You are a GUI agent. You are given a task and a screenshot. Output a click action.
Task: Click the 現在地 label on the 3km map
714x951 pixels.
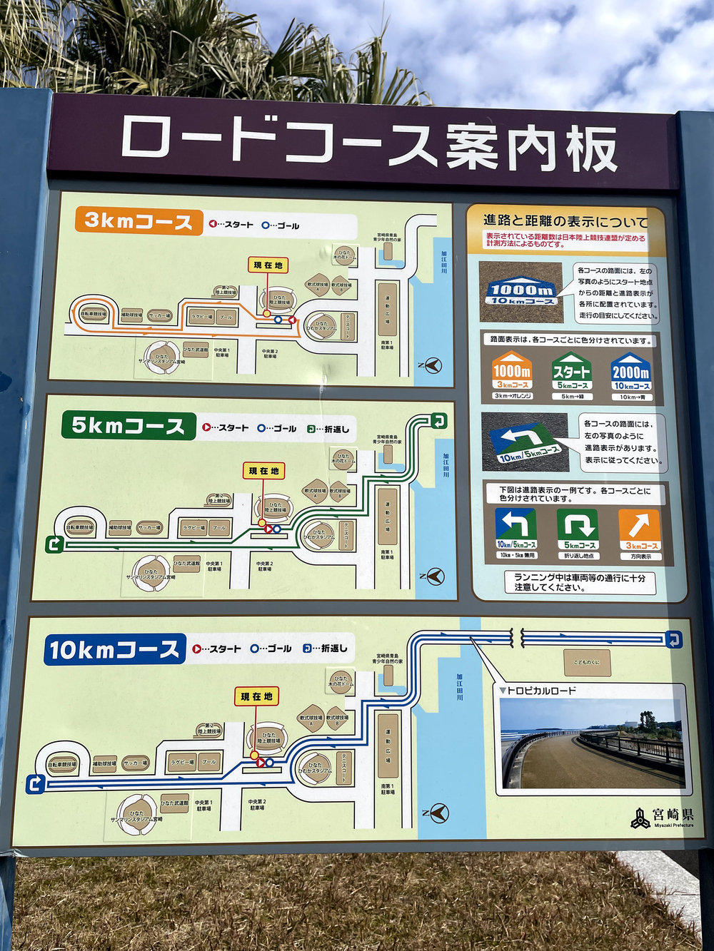tap(268, 265)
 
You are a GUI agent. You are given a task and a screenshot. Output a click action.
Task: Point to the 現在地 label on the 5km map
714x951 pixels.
tap(263, 471)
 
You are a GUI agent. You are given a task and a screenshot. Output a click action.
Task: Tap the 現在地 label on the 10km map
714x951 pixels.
tap(256, 696)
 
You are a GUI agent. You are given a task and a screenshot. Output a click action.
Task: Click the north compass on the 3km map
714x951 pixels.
tap(431, 366)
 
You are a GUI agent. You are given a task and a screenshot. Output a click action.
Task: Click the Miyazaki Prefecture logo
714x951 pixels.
tap(662, 818)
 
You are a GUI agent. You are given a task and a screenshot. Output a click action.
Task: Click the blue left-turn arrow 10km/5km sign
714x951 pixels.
tap(516, 529)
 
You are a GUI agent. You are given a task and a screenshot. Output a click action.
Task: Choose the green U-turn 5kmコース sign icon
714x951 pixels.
tap(578, 529)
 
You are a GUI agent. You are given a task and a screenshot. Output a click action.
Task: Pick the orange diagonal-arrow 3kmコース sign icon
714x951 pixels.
tap(639, 529)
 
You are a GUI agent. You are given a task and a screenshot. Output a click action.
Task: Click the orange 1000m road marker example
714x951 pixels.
tap(512, 373)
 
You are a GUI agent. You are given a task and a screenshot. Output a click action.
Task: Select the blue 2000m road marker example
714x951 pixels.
tap(630, 373)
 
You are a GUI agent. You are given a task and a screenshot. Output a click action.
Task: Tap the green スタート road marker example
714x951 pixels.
tap(571, 373)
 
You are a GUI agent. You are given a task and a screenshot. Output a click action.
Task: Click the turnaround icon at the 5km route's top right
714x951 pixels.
tap(439, 421)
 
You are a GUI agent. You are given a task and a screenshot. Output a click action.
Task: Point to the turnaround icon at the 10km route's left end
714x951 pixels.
tap(35, 784)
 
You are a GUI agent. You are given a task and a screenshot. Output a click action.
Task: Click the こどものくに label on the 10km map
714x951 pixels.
tap(587, 662)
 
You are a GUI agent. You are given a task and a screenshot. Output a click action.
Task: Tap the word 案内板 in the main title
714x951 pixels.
tap(531, 148)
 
